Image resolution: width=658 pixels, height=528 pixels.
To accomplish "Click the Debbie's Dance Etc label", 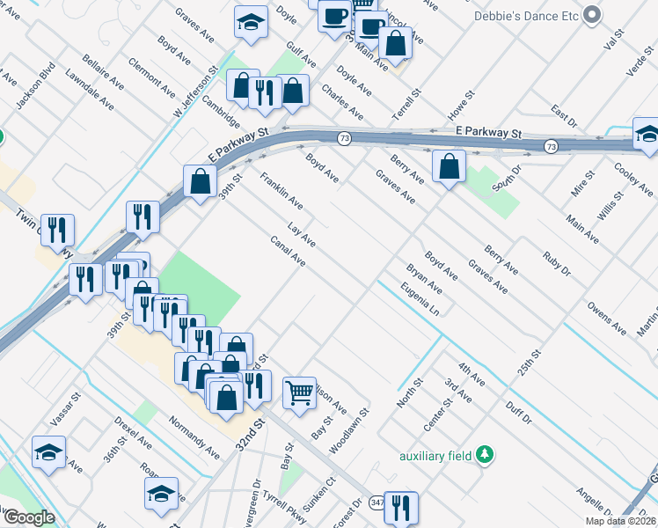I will click(527, 15).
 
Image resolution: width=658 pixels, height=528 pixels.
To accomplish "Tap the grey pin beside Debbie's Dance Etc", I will click(593, 15).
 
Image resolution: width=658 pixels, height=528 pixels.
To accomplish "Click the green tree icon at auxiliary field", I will click(484, 455).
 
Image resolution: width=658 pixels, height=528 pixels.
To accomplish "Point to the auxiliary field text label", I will click(435, 456).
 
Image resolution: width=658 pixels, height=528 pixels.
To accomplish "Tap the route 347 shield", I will click(377, 502).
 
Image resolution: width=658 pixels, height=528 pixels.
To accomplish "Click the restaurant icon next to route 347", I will click(401, 507).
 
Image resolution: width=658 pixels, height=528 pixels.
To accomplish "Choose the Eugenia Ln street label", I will click(419, 299).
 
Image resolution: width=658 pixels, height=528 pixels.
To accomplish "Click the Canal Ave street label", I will click(288, 252).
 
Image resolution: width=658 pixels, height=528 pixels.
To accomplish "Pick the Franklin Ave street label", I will click(281, 192).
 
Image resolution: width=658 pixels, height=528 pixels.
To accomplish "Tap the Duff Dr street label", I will click(519, 410).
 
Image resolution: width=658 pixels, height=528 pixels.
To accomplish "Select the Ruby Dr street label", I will click(557, 266).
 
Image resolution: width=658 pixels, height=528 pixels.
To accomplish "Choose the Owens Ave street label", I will click(607, 320).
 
